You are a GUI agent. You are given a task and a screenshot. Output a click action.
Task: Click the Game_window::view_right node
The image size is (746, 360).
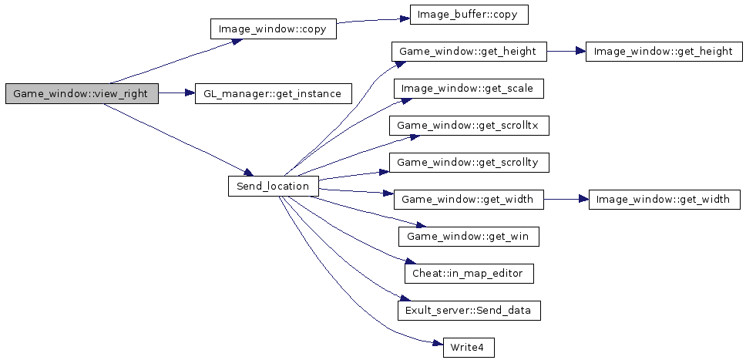pyautogui.click(x=82, y=94)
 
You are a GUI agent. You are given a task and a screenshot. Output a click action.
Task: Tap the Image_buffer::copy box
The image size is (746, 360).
pyautogui.click(x=469, y=15)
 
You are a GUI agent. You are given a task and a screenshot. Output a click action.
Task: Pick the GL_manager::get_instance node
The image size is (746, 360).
pyautogui.click(x=274, y=94)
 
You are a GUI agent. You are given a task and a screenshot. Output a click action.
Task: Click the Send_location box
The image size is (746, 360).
pyautogui.click(x=273, y=187)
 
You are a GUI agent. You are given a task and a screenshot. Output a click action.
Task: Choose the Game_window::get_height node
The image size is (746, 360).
pyautogui.click(x=469, y=52)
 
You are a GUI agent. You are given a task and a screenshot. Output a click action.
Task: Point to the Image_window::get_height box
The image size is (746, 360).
pyautogui.click(x=664, y=52)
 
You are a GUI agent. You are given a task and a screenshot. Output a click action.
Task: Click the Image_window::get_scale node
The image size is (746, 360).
pyautogui.click(x=469, y=89)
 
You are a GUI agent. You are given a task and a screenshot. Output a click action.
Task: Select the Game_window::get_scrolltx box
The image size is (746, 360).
pyautogui.click(x=469, y=126)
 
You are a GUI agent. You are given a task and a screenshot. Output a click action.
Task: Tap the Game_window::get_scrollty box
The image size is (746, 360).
pyautogui.click(x=469, y=163)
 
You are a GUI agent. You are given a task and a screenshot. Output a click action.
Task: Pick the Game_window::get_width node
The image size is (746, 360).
pyautogui.click(x=469, y=200)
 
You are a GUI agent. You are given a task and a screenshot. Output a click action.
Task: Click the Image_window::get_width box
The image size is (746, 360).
pyautogui.click(x=664, y=200)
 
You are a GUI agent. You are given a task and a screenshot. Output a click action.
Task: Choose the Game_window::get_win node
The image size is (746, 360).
pyautogui.click(x=469, y=237)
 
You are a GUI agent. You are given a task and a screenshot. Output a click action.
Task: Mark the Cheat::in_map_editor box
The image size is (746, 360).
pyautogui.click(x=469, y=274)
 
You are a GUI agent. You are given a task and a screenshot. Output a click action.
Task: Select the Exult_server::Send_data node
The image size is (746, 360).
pyautogui.click(x=469, y=311)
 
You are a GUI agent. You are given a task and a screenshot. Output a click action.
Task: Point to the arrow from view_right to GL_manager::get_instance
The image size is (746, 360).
pyautogui.click(x=176, y=94)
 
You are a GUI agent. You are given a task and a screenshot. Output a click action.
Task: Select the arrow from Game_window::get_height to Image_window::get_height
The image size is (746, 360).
pyautogui.click(x=566, y=52)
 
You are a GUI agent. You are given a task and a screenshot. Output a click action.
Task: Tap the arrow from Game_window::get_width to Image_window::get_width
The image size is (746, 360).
pyautogui.click(x=566, y=200)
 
